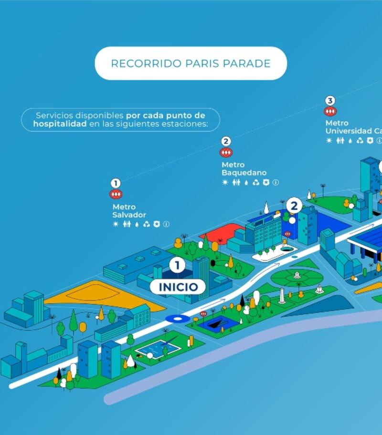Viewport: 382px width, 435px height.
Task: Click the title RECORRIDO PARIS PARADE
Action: coord(191,63)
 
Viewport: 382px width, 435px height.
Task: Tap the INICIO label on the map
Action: coord(178,287)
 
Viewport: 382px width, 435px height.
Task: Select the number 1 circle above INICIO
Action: coord(177,265)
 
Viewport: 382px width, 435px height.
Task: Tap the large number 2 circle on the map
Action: coord(294,206)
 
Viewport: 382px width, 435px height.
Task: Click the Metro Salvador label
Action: coord(129,211)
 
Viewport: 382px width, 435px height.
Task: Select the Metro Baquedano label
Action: coord(244,168)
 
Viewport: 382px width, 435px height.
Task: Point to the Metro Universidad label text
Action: coord(353,127)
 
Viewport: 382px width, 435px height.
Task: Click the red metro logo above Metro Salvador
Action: coord(116,195)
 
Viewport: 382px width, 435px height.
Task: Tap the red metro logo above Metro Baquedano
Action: coord(226,153)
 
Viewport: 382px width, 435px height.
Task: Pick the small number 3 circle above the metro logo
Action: coord(330,101)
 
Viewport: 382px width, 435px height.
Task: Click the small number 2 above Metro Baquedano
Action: coord(226,141)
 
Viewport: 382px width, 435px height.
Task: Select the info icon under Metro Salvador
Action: coord(166,224)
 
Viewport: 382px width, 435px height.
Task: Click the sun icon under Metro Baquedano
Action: coord(225,182)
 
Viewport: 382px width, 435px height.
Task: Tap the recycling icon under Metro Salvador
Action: coord(147,224)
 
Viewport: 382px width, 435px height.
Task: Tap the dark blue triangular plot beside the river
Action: coord(325,305)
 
